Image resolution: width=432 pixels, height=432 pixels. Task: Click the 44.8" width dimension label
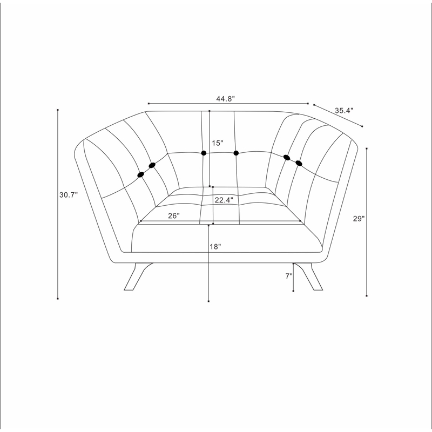(225, 99)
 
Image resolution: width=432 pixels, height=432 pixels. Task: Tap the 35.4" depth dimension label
(344, 111)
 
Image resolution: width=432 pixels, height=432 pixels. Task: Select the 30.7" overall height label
(69, 195)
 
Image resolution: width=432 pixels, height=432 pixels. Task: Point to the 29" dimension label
(359, 219)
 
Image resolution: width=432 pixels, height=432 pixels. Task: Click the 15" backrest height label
(218, 143)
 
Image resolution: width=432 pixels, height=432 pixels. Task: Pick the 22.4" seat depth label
(224, 200)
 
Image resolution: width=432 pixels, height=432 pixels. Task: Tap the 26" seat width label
(174, 215)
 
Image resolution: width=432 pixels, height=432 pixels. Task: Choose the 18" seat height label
(215, 247)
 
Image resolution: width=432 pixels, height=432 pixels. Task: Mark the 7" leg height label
(289, 276)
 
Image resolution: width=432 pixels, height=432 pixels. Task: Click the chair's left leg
(136, 278)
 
